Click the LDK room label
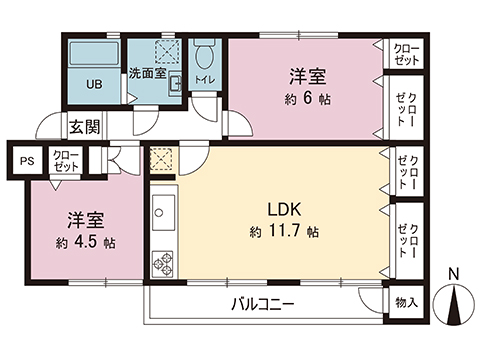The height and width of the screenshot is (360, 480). [284, 210]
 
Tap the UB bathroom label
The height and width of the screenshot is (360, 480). [93, 84]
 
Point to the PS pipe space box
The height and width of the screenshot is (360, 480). [26, 158]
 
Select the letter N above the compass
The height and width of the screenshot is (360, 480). [455, 275]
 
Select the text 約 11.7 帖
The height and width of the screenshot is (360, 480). [285, 232]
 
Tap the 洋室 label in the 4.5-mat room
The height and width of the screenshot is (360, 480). [87, 221]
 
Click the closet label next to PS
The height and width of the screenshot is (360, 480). [67, 159]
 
